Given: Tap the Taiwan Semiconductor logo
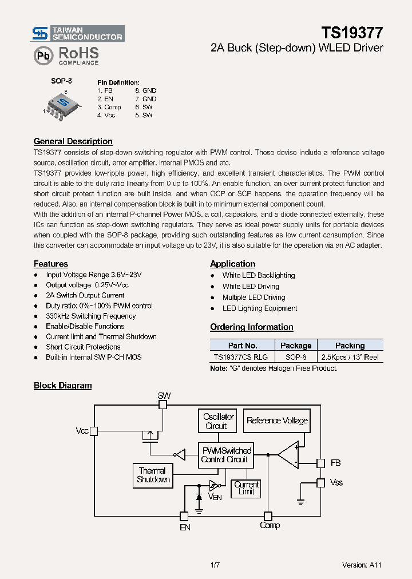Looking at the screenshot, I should click(x=78, y=33).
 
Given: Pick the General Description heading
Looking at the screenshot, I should click(x=73, y=141).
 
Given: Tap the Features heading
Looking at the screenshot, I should click(x=50, y=264).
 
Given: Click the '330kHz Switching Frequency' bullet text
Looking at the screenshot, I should click(x=90, y=316).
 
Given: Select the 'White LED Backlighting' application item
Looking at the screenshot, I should click(x=259, y=275).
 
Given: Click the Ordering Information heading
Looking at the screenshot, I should click(x=251, y=327).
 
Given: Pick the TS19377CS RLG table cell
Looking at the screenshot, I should click(x=242, y=356).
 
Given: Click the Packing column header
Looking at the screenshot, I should click(x=350, y=346).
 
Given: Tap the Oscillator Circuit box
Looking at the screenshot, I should click(x=216, y=421).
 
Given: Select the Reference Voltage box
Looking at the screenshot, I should click(x=277, y=421).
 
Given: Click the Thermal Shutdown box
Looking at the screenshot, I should click(x=153, y=475).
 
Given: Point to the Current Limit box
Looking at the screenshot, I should click(x=247, y=488).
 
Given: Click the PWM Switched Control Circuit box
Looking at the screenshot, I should click(x=226, y=455).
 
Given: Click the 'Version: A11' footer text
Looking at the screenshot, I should click(x=362, y=565).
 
